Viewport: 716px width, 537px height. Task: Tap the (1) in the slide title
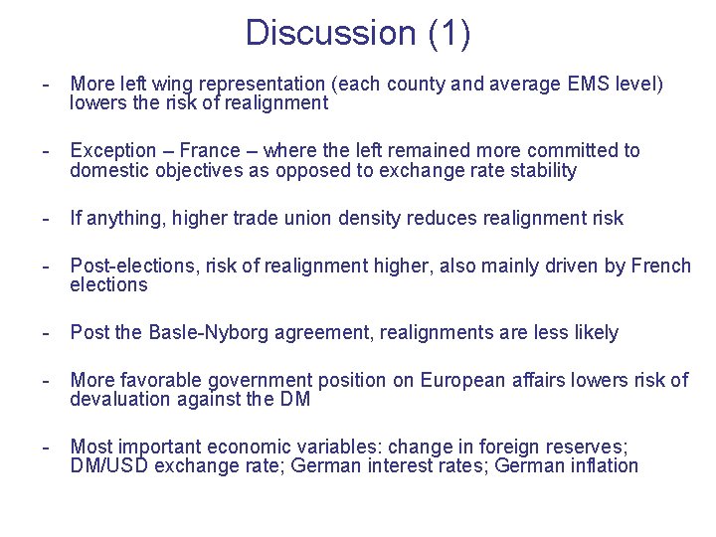tap(448, 33)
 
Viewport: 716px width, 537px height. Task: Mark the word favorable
tap(166, 381)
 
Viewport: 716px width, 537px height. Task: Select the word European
tap(464, 381)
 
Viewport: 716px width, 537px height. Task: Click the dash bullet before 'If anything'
tap(45, 218)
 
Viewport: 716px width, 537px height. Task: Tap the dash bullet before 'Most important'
tap(45, 447)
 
